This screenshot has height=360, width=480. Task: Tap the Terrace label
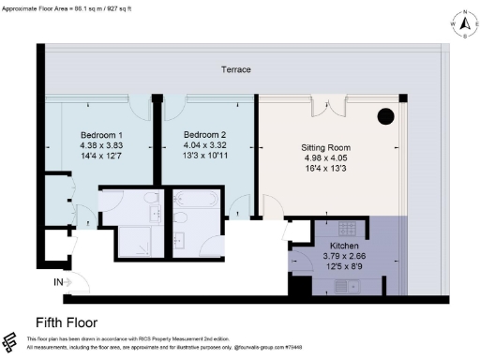235,70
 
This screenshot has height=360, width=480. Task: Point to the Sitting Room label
324,148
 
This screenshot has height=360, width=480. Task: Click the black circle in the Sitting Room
385,117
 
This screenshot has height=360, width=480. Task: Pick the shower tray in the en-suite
142,240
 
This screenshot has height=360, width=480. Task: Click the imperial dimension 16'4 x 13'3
324,169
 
